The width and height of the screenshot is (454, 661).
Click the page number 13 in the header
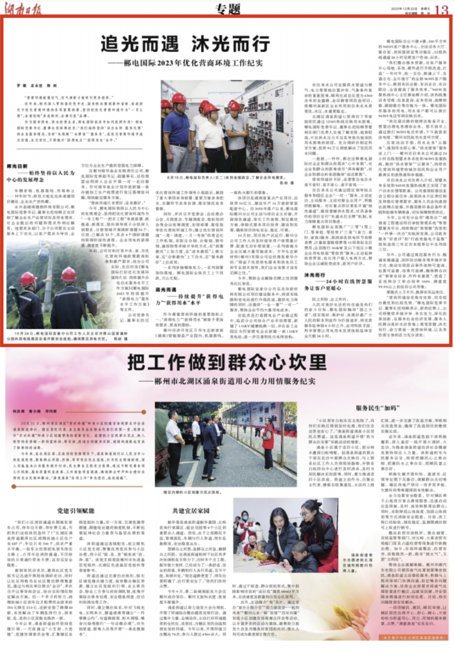[441, 9]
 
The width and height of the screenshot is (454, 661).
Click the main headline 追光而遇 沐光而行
[185, 44]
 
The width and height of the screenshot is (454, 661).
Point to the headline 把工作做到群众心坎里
[227, 362]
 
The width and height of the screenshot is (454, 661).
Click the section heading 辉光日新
[17, 167]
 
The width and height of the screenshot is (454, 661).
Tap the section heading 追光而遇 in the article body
[166, 289]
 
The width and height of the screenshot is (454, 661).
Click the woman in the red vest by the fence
[268, 436]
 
